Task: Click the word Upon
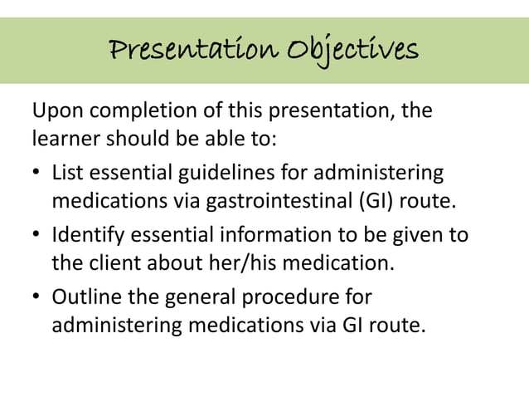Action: tap(56, 110)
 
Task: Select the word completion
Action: tap(135, 110)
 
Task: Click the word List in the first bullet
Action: tap(67, 173)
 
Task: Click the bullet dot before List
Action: tap(37, 174)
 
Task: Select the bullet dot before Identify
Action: tap(37, 236)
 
